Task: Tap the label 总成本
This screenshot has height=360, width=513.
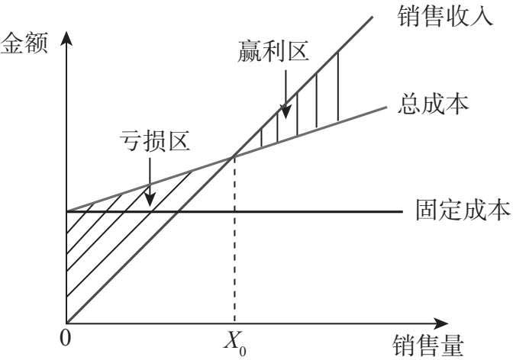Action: pos(434,103)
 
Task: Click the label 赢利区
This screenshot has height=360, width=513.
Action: pos(273,53)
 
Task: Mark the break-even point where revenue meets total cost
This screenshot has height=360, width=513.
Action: pos(234,156)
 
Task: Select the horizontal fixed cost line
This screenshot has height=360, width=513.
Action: pos(321,211)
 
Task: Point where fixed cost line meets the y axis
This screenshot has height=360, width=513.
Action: pos(67,211)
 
